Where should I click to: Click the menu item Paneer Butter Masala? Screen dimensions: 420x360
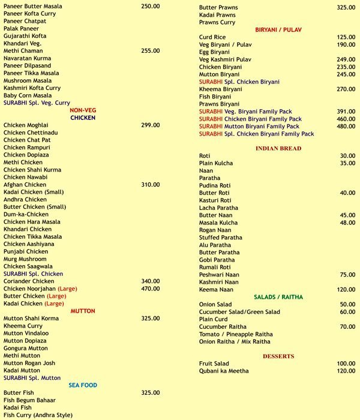(32, 6)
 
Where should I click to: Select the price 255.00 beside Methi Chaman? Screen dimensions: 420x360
(150, 51)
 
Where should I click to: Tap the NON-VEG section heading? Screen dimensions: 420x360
(83, 110)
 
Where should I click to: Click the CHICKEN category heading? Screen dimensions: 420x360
(83, 118)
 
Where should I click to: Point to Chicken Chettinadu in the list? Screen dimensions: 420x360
(31, 133)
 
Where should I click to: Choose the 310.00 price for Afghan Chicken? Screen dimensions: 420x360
(150, 185)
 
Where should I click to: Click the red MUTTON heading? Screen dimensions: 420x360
(83, 311)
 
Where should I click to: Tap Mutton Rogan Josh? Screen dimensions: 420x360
(29, 363)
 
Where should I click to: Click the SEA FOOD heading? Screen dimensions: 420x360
(83, 385)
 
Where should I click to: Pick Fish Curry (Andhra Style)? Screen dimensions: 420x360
(38, 415)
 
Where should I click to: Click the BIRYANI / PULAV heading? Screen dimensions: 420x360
(278, 29)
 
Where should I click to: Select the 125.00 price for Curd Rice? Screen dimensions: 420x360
(346, 37)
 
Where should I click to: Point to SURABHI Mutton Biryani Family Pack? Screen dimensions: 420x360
(249, 127)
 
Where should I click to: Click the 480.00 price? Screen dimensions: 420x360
(346, 127)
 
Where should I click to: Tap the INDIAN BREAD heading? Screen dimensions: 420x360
(278, 148)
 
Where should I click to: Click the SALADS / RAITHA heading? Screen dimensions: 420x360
(278, 297)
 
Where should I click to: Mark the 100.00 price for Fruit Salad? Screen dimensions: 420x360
(346, 364)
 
